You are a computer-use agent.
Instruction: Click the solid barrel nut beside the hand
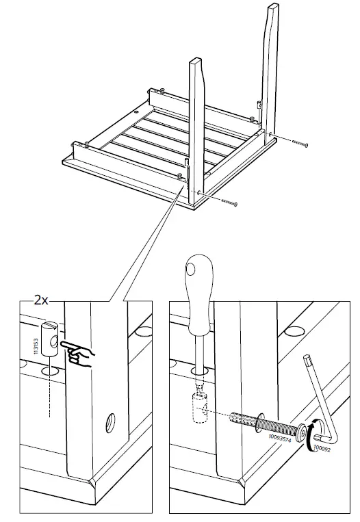pyautogui.click(x=49, y=338)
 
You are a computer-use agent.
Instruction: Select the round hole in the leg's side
pyautogui.click(x=110, y=425)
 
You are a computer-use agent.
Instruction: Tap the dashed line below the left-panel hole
pyautogui.click(x=49, y=400)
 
